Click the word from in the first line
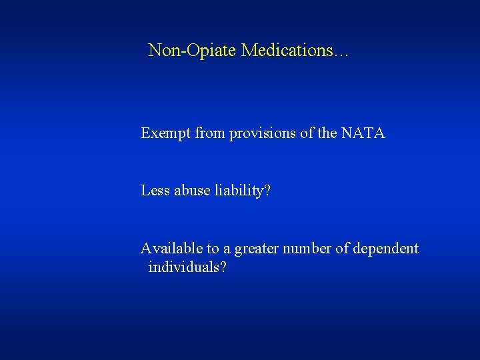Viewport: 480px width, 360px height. coord(210,133)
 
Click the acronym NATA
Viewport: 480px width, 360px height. coord(363,133)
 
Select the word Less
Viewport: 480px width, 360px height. coord(155,191)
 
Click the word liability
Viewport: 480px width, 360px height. coord(237,191)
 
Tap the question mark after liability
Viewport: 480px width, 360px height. coord(267,191)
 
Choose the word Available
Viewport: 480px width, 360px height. coord(171,249)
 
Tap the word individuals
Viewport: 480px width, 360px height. coord(183,267)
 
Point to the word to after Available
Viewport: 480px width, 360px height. coord(213,249)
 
